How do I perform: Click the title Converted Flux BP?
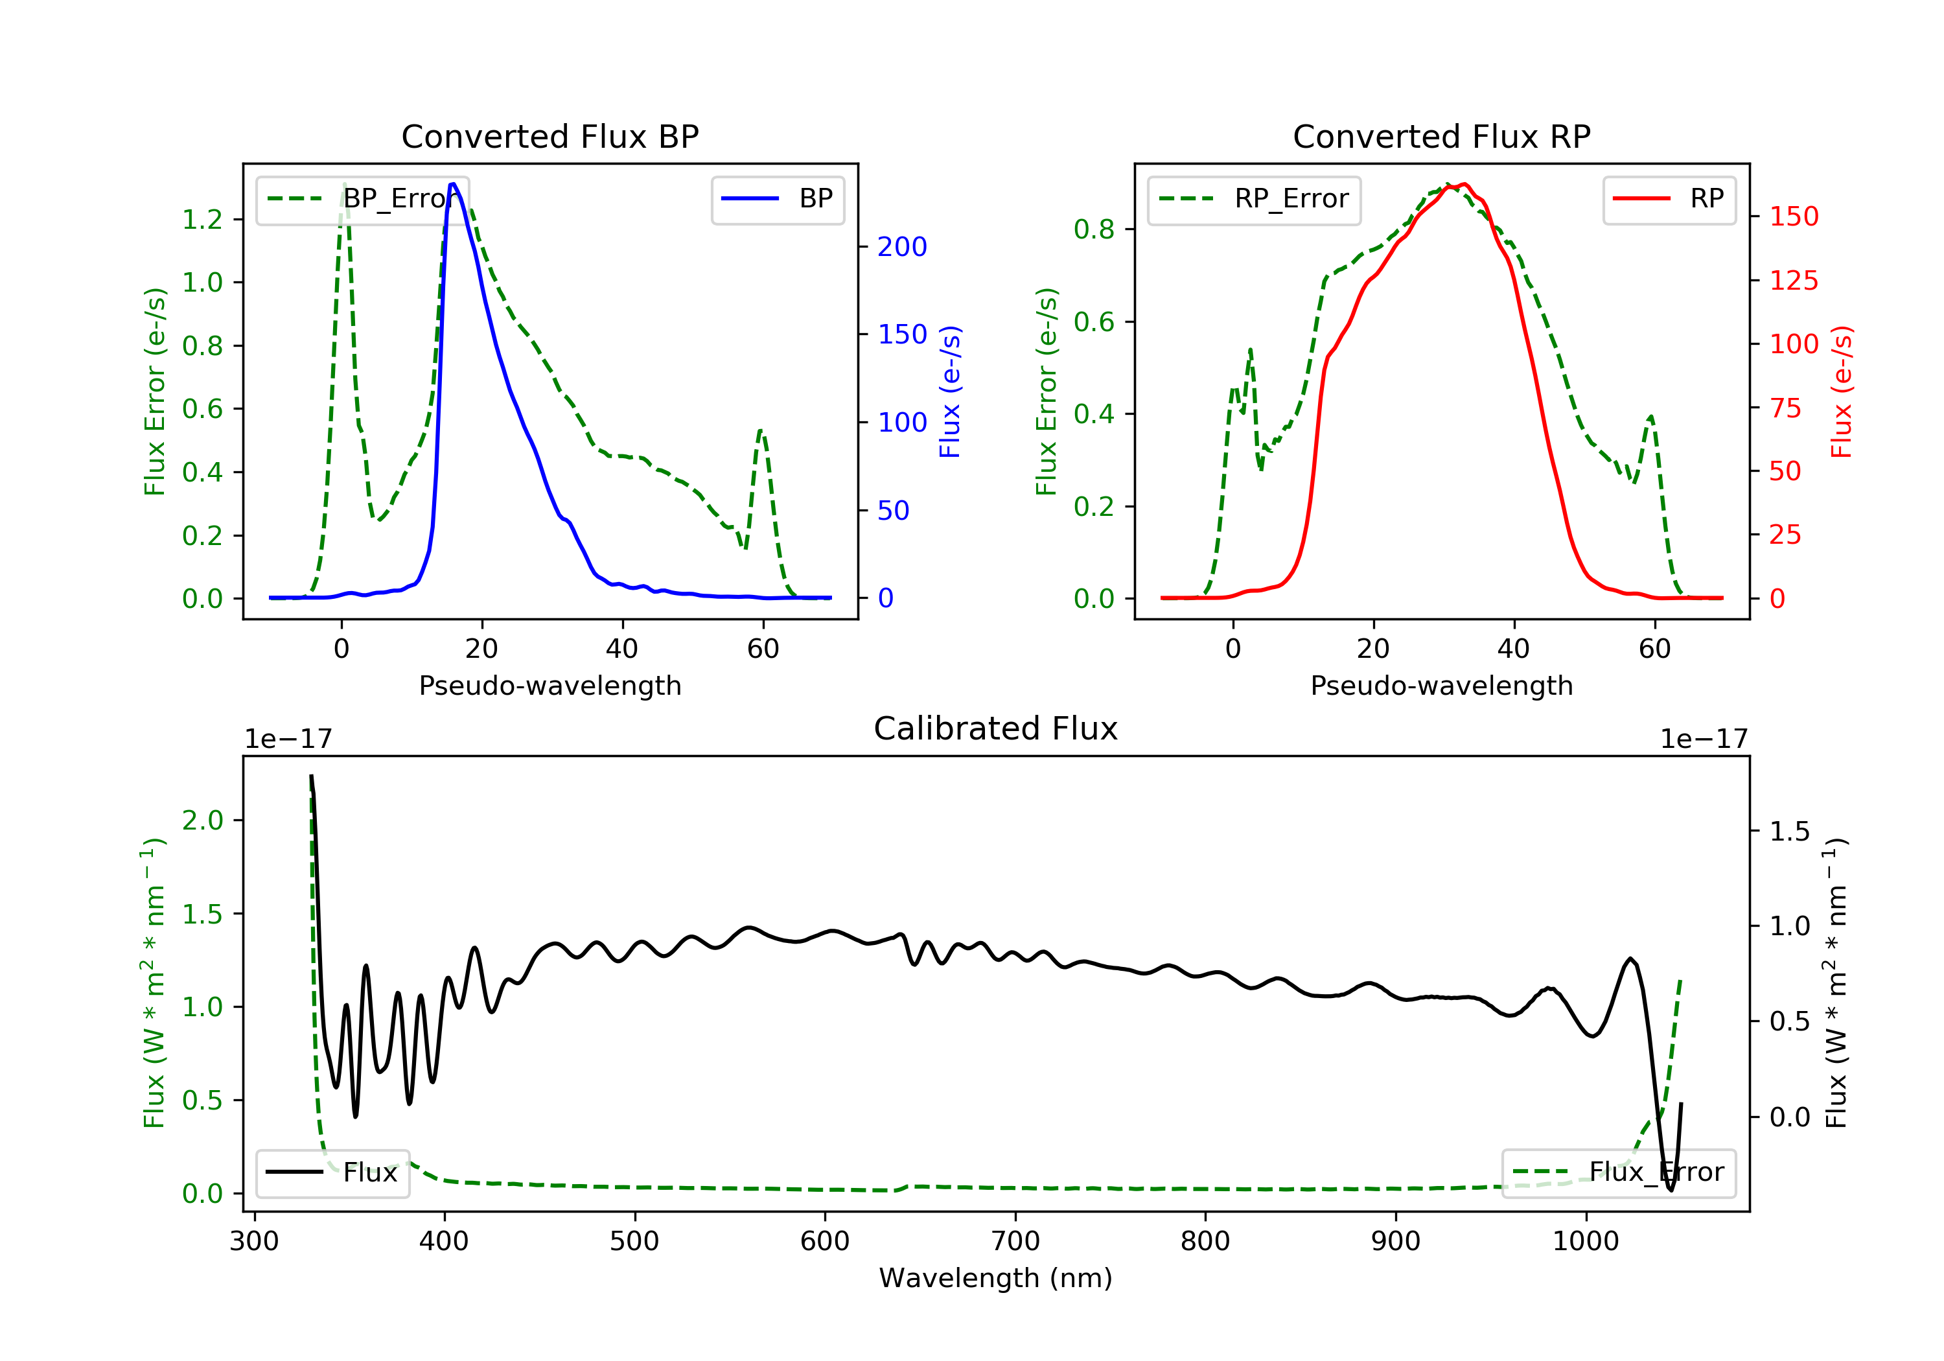click(550, 136)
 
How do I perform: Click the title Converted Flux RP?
click(1441, 136)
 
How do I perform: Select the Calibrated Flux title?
click(996, 728)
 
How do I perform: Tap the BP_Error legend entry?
click(362, 199)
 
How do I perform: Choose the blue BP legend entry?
click(777, 199)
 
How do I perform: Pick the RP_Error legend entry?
click(1254, 199)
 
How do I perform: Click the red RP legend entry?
click(1669, 199)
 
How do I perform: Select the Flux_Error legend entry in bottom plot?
click(1618, 1172)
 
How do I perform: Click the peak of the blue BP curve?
click(453, 184)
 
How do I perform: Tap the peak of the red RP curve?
click(1464, 184)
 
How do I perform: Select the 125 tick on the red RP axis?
click(1793, 281)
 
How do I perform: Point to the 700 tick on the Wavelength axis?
click(1015, 1242)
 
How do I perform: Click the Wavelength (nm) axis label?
click(996, 1278)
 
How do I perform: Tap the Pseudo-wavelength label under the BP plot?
click(550, 685)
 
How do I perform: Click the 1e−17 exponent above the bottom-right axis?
click(1704, 739)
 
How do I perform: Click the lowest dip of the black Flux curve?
click(1671, 1190)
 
